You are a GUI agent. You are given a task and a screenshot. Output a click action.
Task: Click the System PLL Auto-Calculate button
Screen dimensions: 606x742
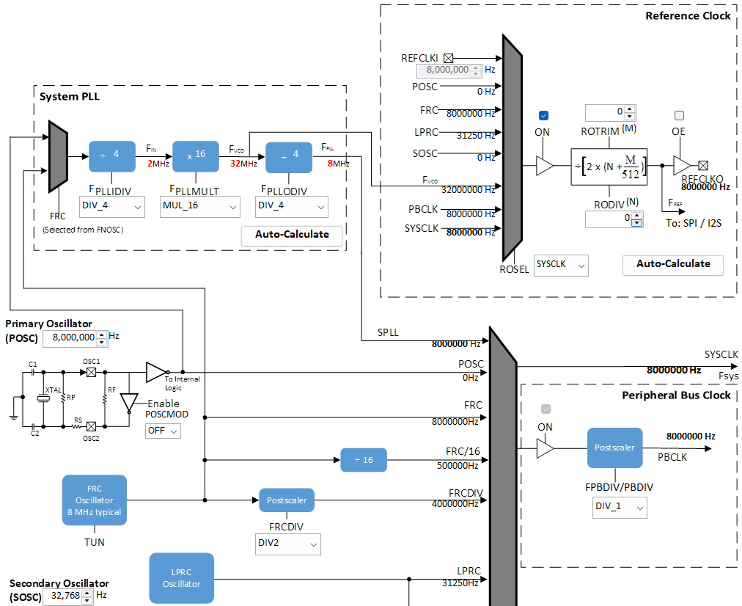[x=292, y=235]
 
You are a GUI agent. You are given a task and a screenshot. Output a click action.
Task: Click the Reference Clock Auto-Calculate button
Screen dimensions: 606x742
[x=672, y=264]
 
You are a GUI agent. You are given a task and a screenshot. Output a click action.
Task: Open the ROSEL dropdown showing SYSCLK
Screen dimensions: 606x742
[x=561, y=264]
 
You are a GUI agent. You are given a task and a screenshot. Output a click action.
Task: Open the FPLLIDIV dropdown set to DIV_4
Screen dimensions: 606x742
[x=111, y=206]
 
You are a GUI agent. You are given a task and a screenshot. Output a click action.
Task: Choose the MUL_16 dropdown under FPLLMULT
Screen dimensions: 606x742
[x=199, y=206]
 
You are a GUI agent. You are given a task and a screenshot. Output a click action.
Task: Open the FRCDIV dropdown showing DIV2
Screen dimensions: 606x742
[x=283, y=544]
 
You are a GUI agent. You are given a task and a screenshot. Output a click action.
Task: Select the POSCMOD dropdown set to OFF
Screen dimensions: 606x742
[x=163, y=431]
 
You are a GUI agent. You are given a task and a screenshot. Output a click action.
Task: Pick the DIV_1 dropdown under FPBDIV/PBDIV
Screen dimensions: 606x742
[x=620, y=507]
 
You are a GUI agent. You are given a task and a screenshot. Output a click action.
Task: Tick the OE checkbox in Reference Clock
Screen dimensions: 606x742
[x=679, y=116]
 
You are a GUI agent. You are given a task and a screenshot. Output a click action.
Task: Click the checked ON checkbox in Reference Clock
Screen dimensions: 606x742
[x=543, y=116]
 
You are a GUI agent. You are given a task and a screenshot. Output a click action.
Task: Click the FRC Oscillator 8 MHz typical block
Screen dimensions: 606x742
[x=95, y=500]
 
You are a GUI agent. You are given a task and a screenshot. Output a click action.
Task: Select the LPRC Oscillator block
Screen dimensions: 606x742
[x=181, y=579]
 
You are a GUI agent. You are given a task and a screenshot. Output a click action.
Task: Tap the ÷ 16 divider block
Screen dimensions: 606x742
[x=363, y=460]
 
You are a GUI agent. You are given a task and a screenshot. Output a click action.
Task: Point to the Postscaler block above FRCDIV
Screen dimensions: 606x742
[x=287, y=500]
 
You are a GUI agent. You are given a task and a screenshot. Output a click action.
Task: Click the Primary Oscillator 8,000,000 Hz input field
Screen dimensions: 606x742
[x=70, y=338]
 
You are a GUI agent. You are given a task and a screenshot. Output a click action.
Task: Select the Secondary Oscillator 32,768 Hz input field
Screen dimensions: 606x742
[x=62, y=596]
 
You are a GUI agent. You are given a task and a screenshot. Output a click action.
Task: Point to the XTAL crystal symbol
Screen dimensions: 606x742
[x=43, y=398]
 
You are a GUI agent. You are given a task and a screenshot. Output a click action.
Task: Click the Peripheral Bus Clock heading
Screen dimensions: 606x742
[x=676, y=395]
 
